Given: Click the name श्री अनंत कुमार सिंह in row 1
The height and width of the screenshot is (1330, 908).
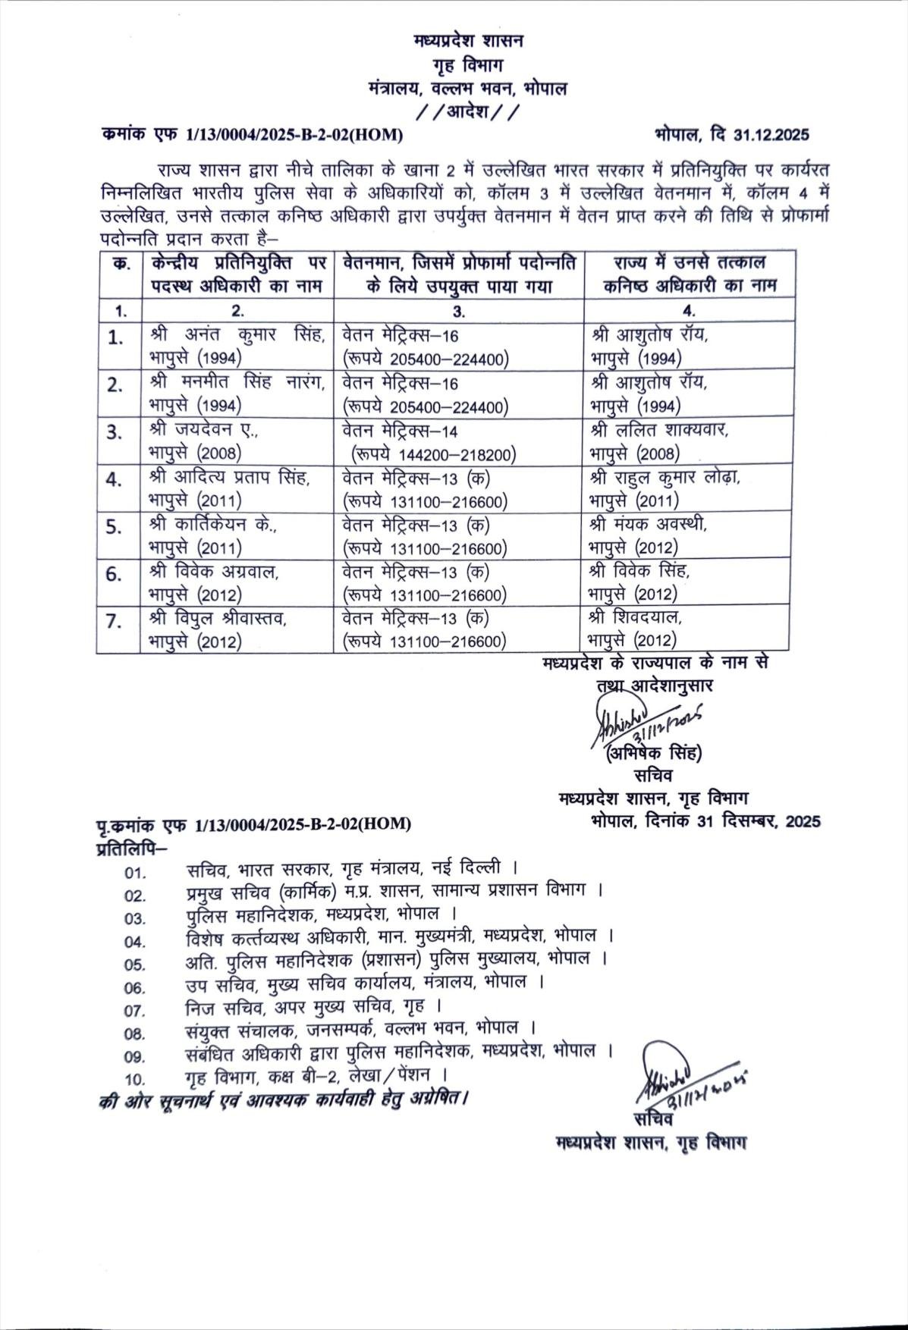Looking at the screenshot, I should tap(237, 334).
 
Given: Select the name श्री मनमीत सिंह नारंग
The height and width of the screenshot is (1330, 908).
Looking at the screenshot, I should tap(237, 383).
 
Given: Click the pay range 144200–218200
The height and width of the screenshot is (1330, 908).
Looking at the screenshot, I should tap(433, 454).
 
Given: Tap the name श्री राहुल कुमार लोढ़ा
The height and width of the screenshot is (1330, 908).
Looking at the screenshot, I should tap(665, 477).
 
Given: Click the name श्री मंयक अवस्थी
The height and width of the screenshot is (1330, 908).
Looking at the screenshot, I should tap(652, 524).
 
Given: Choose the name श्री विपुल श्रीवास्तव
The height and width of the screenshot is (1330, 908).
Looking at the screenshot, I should tap(218, 618).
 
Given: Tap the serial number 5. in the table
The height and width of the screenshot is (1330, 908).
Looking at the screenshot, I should tap(115, 527).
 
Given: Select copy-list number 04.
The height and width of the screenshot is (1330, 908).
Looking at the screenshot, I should tap(134, 942).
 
